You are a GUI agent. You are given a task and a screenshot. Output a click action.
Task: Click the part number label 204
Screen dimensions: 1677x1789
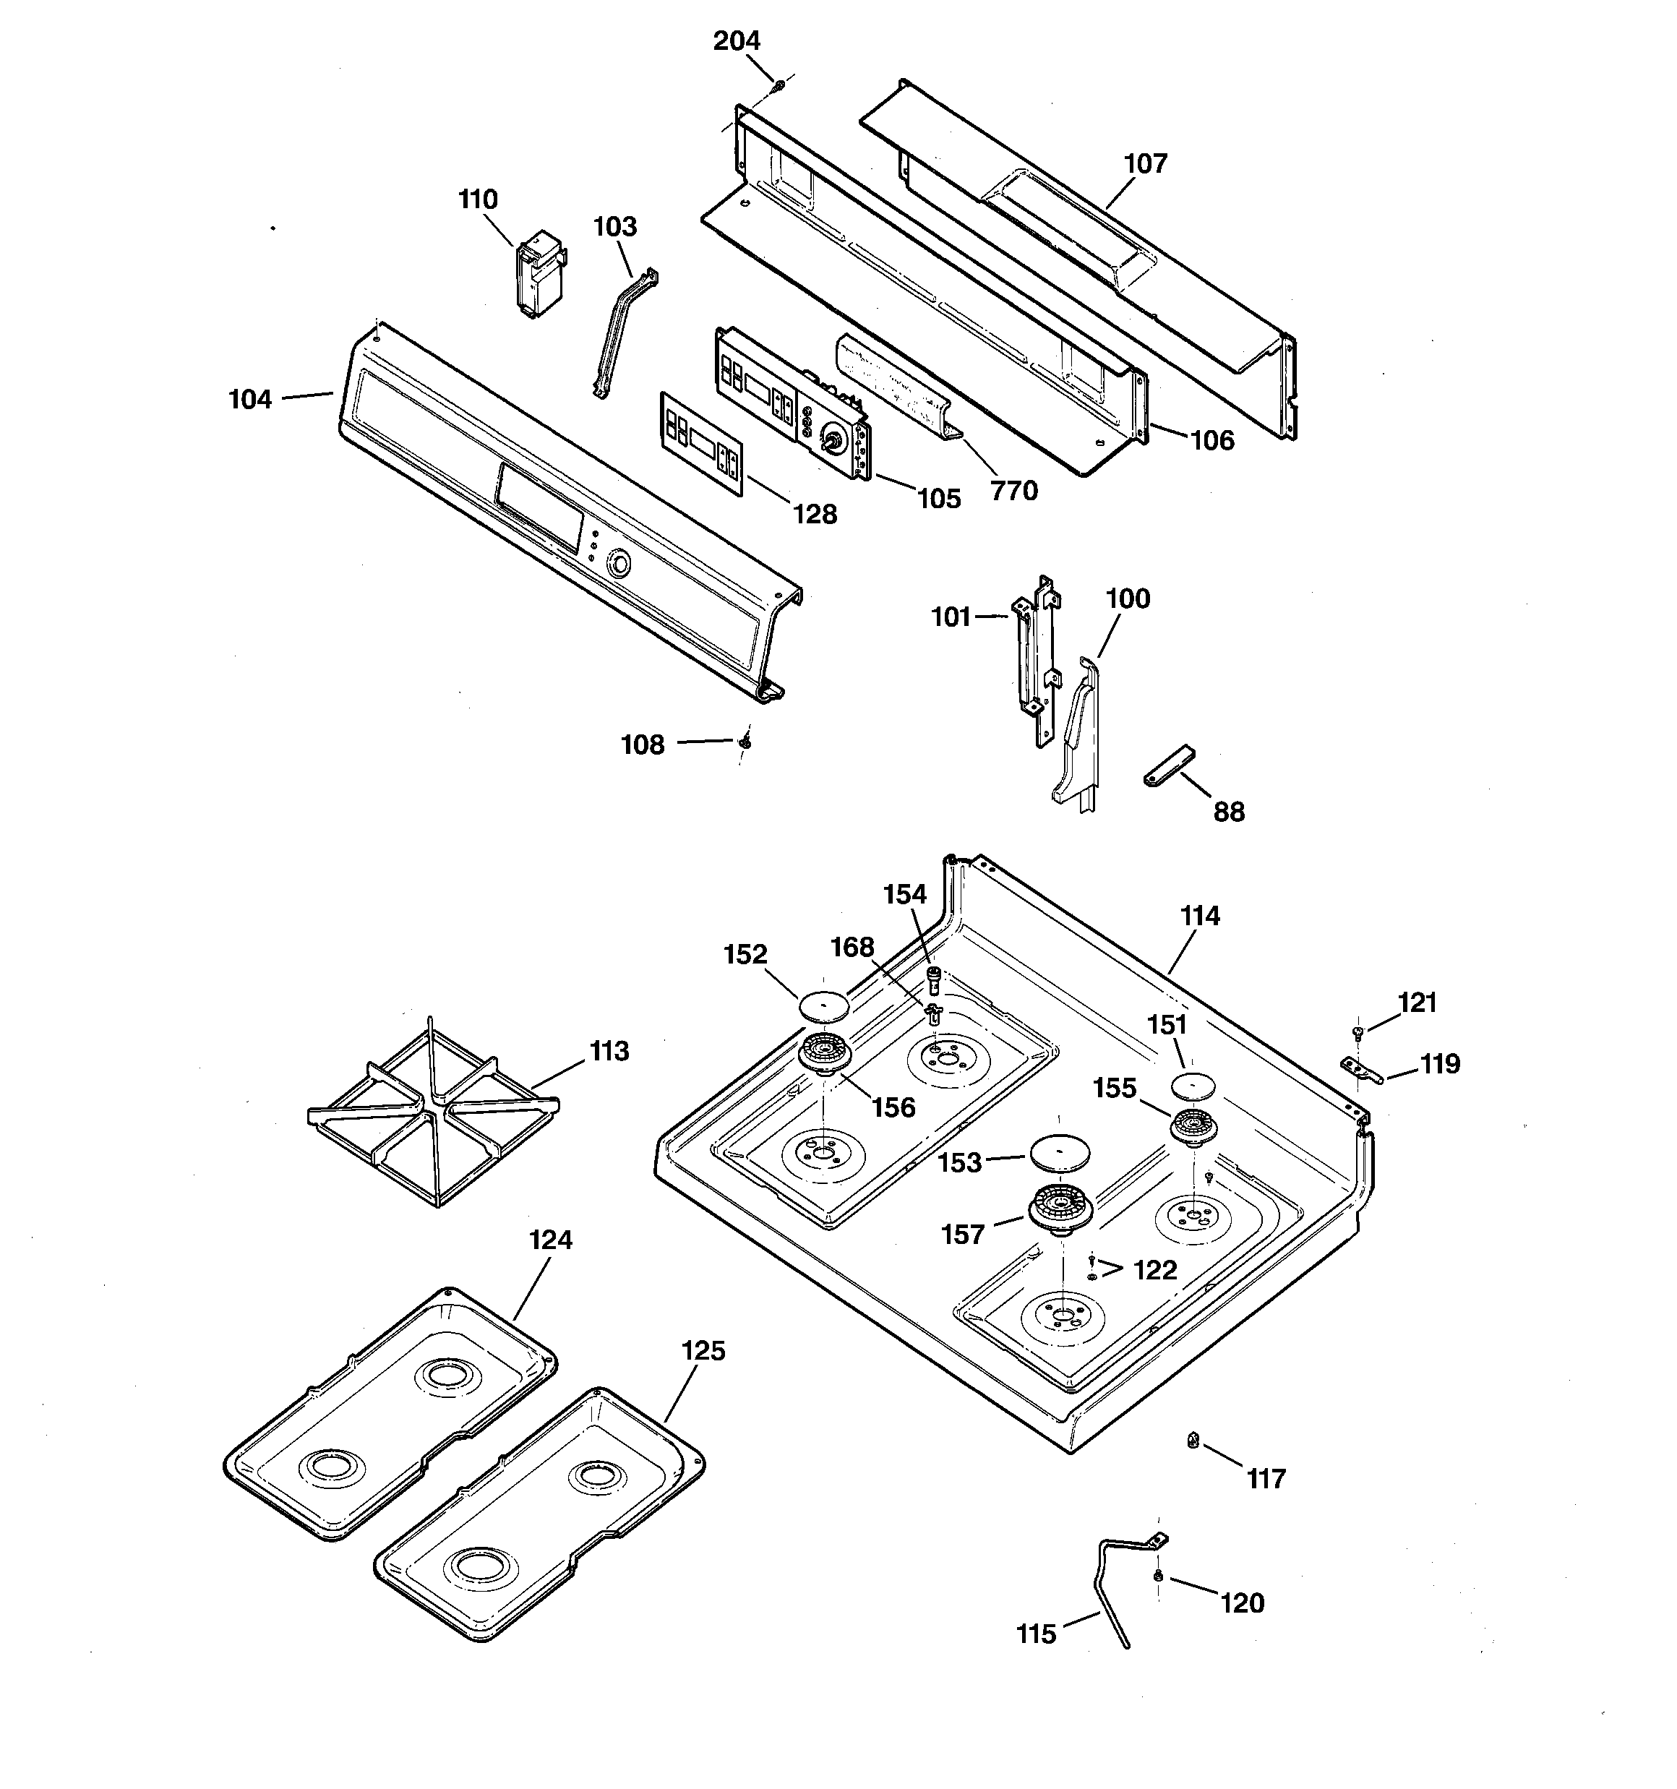737,41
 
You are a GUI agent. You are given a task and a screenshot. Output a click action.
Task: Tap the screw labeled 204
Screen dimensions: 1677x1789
779,85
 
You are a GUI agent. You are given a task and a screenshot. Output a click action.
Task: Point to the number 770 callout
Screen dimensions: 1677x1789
1013,492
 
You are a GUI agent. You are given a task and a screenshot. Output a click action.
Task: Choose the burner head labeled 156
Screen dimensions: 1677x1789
825,1053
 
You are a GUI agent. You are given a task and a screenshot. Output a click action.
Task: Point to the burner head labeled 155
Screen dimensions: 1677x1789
1193,1128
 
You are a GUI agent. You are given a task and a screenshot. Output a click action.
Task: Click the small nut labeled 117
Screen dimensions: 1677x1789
1193,1441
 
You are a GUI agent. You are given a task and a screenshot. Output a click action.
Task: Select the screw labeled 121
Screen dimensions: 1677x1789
1358,1032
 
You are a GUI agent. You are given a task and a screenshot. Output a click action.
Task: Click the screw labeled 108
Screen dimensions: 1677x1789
745,742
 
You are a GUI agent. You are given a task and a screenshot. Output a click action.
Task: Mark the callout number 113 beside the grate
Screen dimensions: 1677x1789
609,1051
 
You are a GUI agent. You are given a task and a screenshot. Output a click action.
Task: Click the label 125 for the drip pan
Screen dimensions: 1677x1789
703,1351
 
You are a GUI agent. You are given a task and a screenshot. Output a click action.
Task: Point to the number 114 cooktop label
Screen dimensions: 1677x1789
1200,916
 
